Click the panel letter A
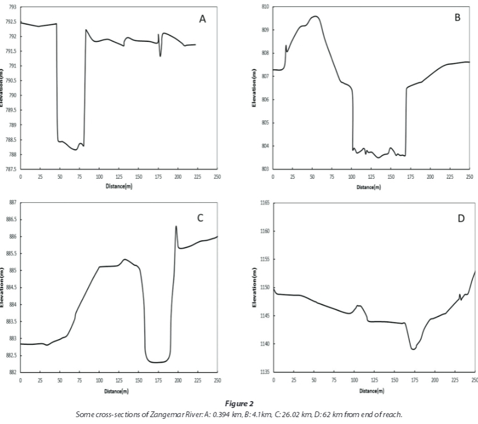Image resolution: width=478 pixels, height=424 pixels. tap(202, 19)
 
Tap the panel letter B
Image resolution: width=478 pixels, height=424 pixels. tap(457, 18)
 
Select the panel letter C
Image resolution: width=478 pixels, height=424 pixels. tap(200, 218)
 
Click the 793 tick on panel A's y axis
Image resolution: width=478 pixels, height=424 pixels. tap(12, 7)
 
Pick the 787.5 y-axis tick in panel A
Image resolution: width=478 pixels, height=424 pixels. tap(11, 169)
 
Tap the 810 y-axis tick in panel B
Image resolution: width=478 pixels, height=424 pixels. tap(265, 6)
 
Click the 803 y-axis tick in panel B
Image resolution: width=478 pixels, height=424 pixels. tap(265, 169)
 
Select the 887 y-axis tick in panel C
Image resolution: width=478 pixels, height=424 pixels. tap(12, 203)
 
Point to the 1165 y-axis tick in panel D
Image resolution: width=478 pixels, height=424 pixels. tap(264, 203)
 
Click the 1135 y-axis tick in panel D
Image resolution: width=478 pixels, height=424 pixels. tap(264, 372)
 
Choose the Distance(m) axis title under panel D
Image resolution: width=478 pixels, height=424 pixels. tap(371, 391)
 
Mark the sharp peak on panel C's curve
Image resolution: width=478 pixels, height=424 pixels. tap(176, 226)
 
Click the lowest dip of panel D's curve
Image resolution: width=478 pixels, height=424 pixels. tap(413, 349)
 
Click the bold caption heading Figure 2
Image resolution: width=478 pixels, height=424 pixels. tap(239, 404)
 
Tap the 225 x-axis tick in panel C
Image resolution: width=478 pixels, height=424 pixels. tap(197, 380)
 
